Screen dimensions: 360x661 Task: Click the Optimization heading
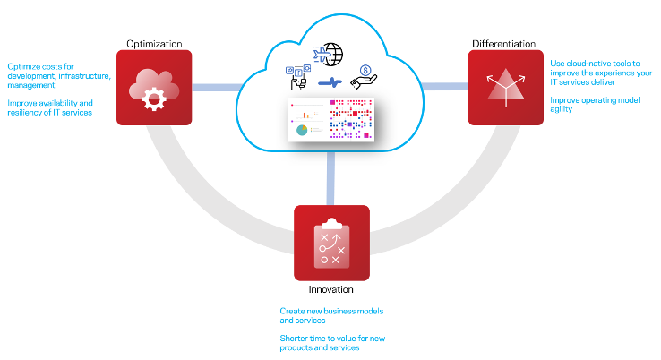[x=154, y=43]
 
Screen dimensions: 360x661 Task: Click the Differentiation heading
[x=503, y=43]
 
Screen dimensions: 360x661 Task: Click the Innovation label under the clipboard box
[x=331, y=289]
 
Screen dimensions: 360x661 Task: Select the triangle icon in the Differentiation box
[x=506, y=87]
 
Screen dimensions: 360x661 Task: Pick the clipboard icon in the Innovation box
[x=331, y=244]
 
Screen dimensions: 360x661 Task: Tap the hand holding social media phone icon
[x=296, y=76]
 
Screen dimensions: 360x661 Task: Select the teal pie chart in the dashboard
[x=302, y=131]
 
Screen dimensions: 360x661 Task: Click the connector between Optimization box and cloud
[x=216, y=87]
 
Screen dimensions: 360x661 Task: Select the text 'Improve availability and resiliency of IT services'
[x=50, y=107]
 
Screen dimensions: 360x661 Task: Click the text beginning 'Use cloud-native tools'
[x=595, y=71]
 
